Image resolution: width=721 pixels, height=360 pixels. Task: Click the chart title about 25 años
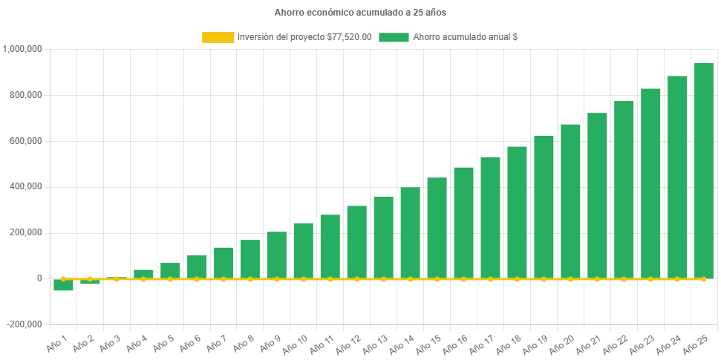tap(360, 13)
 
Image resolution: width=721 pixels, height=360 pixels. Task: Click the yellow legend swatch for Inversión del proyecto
tap(217, 37)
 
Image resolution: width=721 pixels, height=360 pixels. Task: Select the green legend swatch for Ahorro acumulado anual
tap(394, 37)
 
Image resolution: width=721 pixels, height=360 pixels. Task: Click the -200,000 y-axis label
tap(25, 324)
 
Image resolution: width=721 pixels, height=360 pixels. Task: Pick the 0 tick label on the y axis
tap(39, 278)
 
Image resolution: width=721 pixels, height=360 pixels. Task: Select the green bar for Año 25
tap(704, 171)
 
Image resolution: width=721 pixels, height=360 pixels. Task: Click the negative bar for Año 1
tap(63, 285)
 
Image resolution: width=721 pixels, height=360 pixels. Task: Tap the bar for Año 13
tap(384, 238)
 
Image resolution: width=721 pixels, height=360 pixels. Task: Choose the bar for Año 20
tap(570, 201)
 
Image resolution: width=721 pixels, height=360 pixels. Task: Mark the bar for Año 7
tap(224, 263)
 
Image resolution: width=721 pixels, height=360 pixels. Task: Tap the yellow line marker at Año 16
tap(464, 279)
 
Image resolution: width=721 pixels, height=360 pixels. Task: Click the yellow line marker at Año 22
tap(624, 279)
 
